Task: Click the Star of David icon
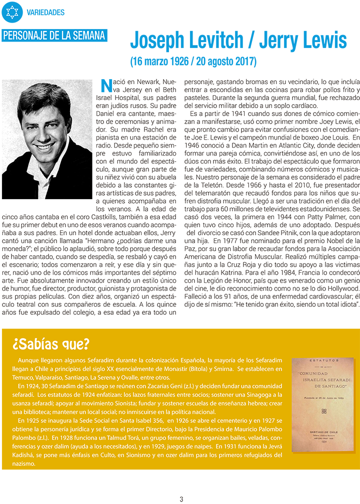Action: pos(12,12)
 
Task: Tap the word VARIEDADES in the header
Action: pos(46,12)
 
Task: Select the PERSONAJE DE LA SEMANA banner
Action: pos(54,36)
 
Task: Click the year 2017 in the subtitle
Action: pos(244,62)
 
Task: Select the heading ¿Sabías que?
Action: pos(51,344)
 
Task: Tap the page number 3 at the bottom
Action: pos(181,498)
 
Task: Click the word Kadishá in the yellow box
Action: pos(24,455)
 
